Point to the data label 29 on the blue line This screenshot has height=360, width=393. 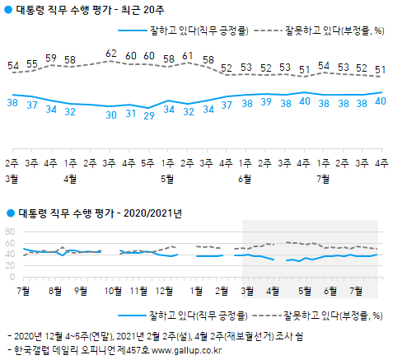148,116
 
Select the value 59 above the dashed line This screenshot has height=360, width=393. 51,58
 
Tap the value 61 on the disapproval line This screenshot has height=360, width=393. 187,56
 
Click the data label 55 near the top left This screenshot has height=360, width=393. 31,64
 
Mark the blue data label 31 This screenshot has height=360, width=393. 129,113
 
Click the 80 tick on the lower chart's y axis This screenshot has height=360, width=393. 11,231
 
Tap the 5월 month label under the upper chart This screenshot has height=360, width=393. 168,177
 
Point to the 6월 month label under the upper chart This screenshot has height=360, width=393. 246,177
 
